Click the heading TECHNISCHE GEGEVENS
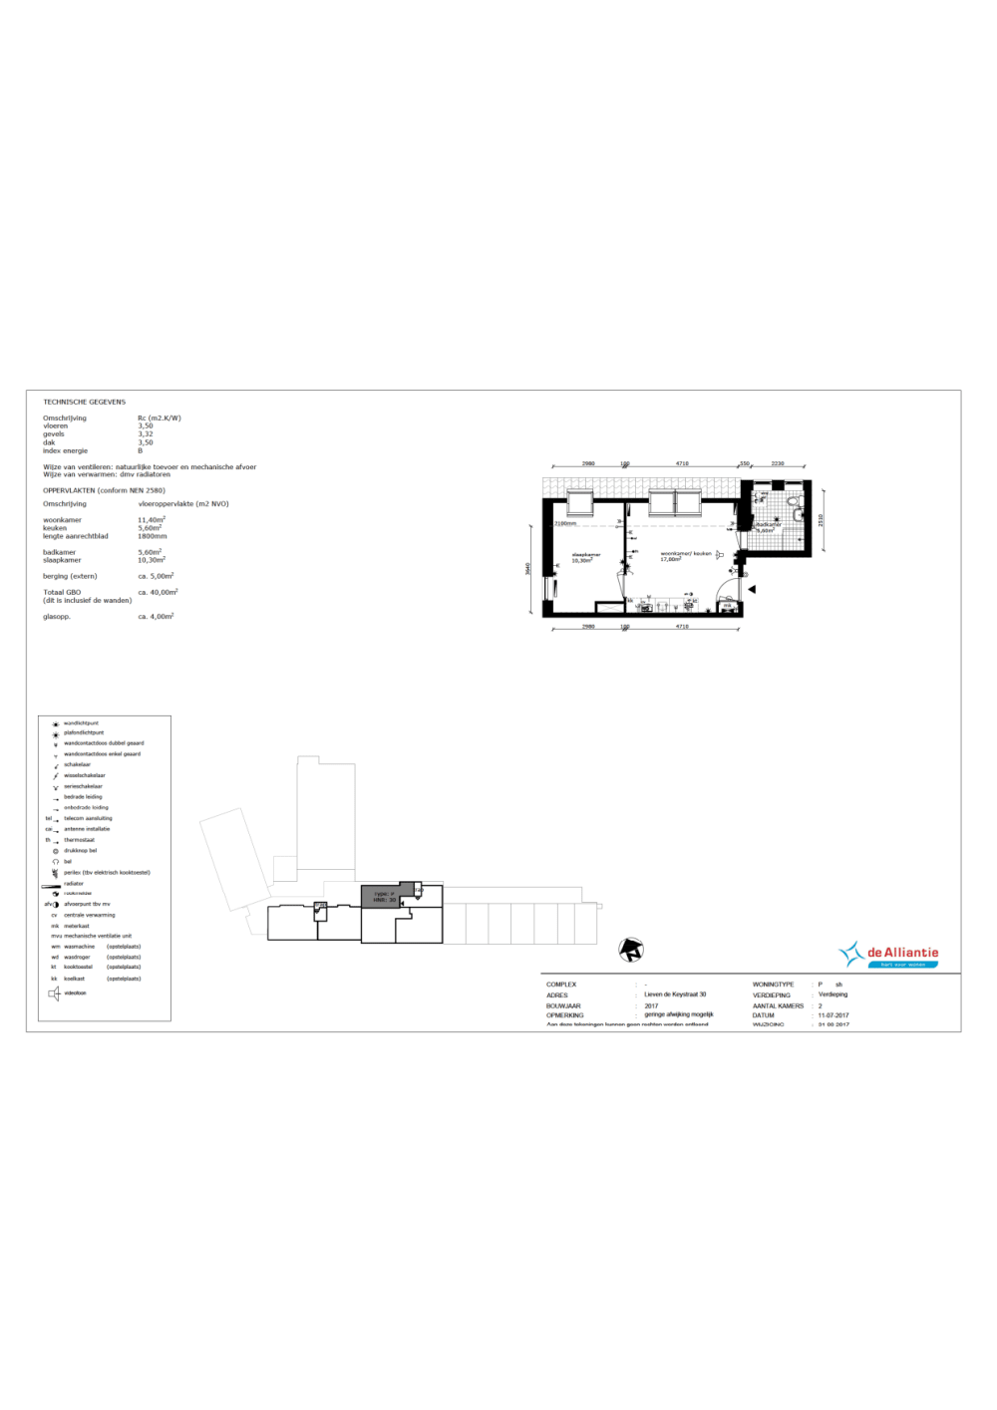(x=84, y=402)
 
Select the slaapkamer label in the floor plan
(x=585, y=556)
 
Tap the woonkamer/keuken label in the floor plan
(x=685, y=555)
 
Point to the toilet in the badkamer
(x=796, y=500)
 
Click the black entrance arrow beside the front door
(x=752, y=590)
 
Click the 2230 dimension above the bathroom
(x=778, y=463)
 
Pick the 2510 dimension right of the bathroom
(x=821, y=519)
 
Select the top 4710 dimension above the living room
(x=682, y=463)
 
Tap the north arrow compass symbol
(x=631, y=950)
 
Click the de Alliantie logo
(x=889, y=955)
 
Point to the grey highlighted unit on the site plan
(x=380, y=895)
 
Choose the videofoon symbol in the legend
(x=55, y=992)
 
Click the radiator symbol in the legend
(x=51, y=884)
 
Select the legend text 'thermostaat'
(x=79, y=840)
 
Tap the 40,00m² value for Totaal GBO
(x=158, y=592)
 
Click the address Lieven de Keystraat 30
(x=675, y=994)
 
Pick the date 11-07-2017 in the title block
(x=833, y=1015)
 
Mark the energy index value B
(x=140, y=450)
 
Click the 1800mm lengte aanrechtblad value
(x=152, y=536)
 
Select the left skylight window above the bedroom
(x=580, y=501)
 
